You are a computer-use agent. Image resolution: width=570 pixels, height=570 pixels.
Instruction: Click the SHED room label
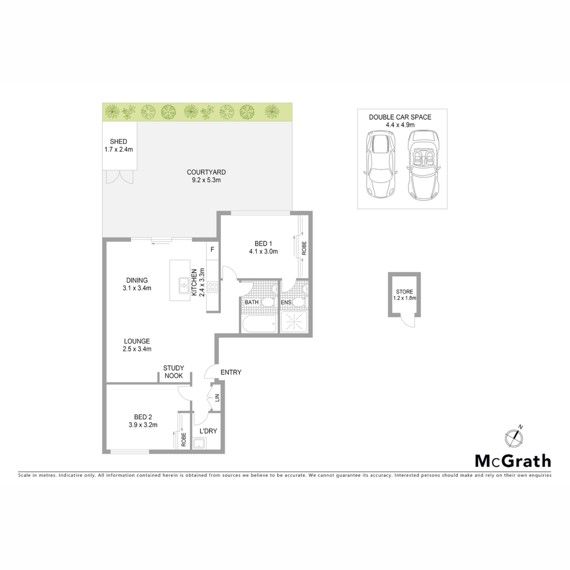118,142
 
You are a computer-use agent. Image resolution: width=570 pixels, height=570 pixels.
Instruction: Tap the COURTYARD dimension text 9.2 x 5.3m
206,180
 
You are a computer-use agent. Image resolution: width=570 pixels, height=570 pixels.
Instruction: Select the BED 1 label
263,243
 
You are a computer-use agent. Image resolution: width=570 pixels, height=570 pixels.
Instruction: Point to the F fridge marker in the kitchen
212,249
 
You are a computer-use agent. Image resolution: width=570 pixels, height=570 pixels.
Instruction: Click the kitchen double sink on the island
184,286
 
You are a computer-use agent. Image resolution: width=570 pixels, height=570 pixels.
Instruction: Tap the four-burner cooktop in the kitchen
213,287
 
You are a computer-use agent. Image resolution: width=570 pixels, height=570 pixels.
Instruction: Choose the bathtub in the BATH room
259,324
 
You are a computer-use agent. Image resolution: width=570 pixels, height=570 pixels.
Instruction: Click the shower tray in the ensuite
294,322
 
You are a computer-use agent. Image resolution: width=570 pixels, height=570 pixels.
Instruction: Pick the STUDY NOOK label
174,372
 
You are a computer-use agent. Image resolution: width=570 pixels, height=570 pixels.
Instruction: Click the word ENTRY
231,372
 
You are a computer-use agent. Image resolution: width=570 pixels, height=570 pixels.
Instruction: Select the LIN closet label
217,398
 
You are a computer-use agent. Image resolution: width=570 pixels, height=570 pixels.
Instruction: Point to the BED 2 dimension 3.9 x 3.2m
143,425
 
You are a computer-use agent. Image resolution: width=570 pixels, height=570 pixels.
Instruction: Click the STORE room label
404,292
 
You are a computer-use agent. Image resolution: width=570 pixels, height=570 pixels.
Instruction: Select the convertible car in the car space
423,165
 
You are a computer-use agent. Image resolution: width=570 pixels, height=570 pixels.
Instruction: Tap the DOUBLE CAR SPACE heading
400,117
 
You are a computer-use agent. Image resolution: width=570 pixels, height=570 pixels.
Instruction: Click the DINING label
137,280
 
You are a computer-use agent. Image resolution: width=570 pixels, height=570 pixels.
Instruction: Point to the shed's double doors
120,177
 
